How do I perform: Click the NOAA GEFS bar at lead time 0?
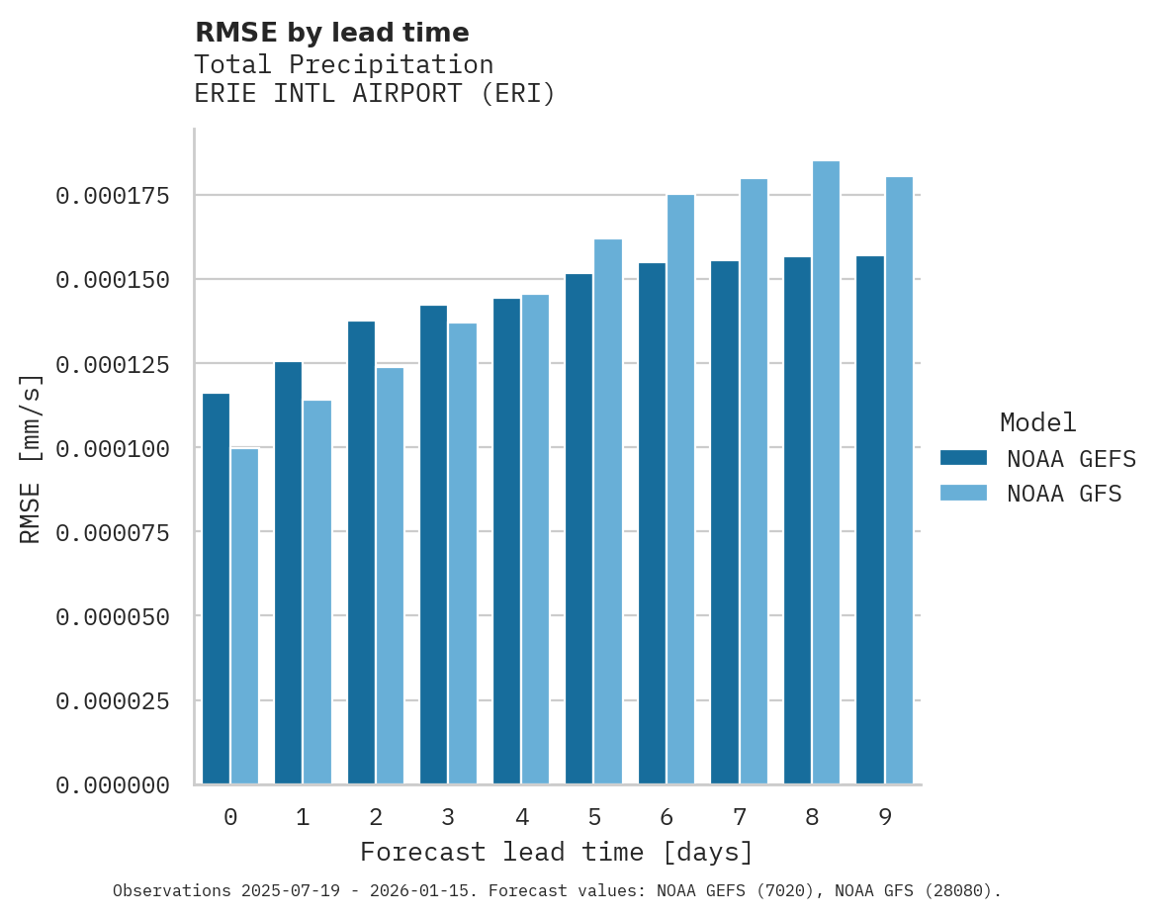(216, 589)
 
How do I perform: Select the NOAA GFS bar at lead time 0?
(244, 616)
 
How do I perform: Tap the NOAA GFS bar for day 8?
(826, 473)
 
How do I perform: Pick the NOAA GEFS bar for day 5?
(579, 529)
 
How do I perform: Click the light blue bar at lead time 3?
(463, 554)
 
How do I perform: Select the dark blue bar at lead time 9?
(870, 520)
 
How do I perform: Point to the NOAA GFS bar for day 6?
(680, 490)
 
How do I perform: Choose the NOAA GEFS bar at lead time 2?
(361, 553)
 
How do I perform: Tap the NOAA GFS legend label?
(1064, 494)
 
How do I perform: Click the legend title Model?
(1037, 422)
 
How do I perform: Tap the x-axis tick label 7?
(739, 817)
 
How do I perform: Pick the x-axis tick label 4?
(521, 817)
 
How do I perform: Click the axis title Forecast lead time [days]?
(557, 852)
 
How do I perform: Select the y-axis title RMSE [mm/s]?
(32, 459)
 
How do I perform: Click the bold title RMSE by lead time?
(331, 33)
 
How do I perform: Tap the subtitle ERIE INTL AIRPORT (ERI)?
(375, 94)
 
